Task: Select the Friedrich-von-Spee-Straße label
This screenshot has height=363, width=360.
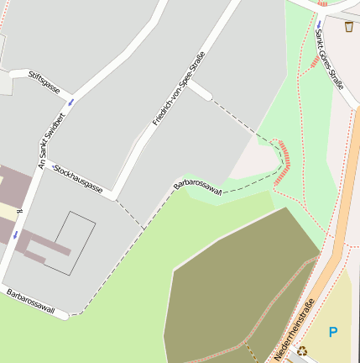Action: coord(179,88)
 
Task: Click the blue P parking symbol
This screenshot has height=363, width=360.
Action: coord(332,333)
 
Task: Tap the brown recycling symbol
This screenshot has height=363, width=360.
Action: coord(303,350)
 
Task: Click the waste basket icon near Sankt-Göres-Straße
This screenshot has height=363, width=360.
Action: coord(348,28)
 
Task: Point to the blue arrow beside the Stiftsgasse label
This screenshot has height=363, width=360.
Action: coord(70,102)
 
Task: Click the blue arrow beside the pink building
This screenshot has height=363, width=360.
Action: coord(15,235)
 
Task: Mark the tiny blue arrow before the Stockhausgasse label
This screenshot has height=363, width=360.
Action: coord(52,169)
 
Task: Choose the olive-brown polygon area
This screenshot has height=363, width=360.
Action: coord(235,286)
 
